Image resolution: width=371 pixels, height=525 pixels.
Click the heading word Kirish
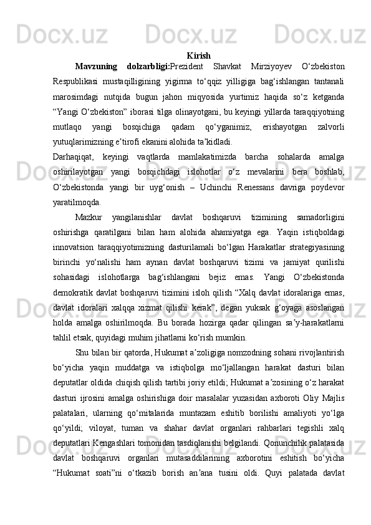pyautogui.click(x=198, y=55)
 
